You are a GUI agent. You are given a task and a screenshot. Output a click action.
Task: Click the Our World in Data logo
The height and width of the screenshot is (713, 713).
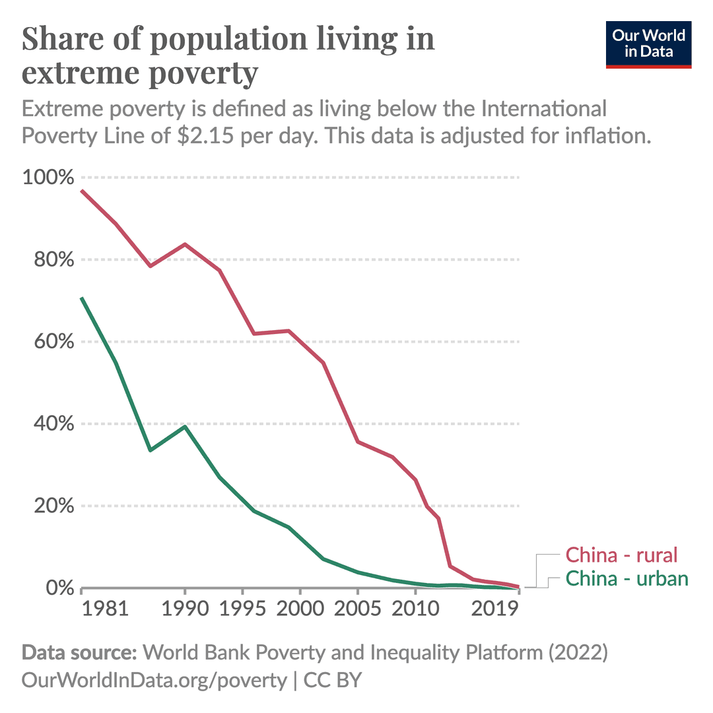coord(648,44)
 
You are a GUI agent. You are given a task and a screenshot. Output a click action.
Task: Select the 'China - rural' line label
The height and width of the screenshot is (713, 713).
coord(622,555)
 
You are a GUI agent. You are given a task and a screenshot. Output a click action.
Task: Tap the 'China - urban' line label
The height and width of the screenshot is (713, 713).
coord(627,579)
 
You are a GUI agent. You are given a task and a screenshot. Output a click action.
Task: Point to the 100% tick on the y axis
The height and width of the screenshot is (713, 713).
coord(48,178)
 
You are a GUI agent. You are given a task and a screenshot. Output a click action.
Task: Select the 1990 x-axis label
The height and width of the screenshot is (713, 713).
coord(184,608)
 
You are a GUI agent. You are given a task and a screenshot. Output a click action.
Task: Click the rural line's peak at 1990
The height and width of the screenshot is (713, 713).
coord(185,244)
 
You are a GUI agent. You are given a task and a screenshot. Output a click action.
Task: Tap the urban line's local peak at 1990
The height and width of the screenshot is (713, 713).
coord(185,426)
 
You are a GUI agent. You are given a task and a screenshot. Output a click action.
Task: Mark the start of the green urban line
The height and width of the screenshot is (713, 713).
coord(81,298)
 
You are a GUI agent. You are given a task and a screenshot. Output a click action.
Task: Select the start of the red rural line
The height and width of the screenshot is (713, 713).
coord(81,190)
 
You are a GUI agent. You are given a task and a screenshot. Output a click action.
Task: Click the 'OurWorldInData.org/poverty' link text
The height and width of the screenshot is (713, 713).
coord(154,681)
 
